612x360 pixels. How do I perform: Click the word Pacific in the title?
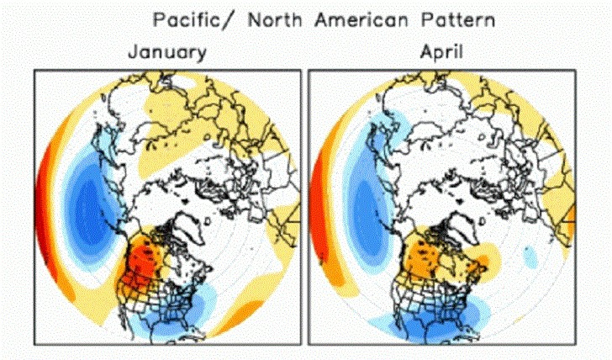186,19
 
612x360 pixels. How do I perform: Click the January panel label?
166,52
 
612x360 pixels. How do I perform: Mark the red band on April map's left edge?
317,202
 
